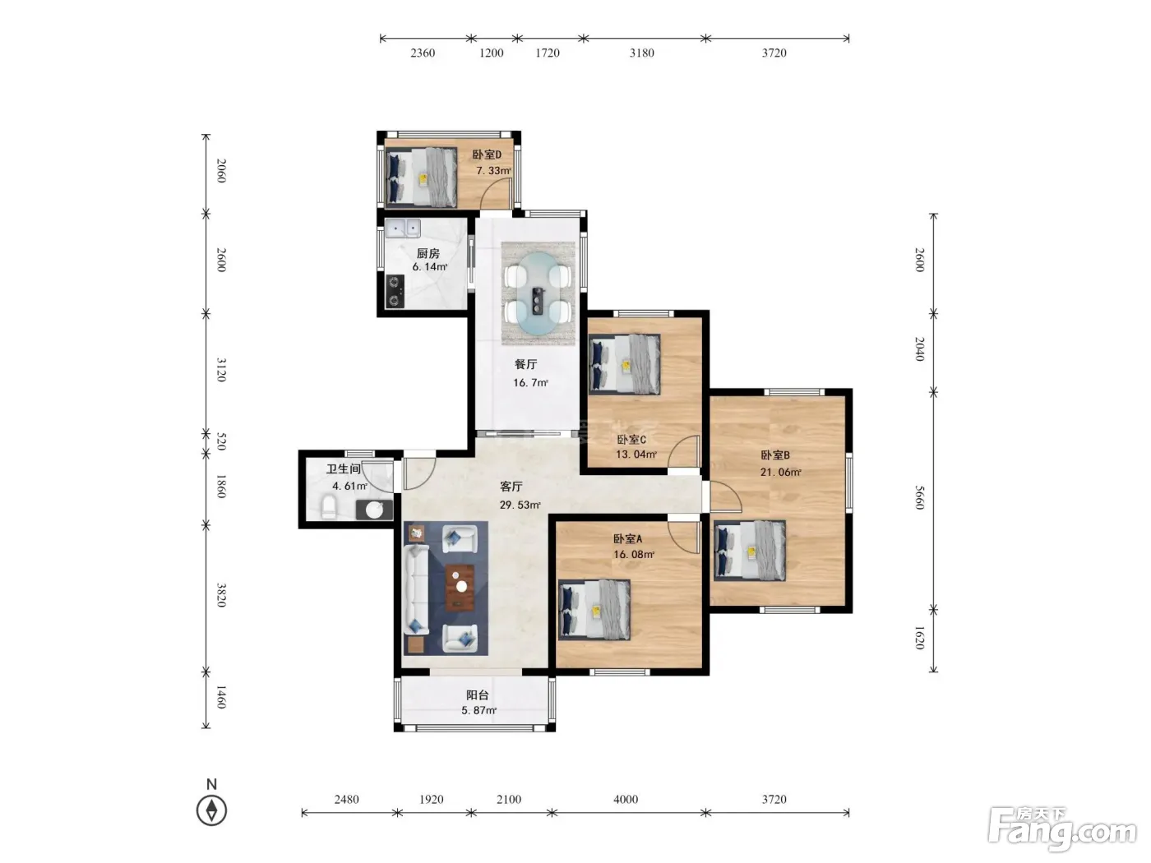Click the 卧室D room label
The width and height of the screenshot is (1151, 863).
pyautogui.click(x=486, y=155)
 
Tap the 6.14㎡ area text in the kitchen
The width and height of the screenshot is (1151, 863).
pyautogui.click(x=429, y=266)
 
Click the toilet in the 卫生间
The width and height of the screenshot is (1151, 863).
pyautogui.click(x=328, y=506)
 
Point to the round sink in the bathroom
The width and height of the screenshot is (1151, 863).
pyautogui.click(x=374, y=510)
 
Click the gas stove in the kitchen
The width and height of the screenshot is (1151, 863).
pyautogui.click(x=395, y=292)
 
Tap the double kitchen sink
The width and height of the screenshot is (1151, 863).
pyautogui.click(x=403, y=228)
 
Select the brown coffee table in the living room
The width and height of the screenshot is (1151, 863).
pyautogui.click(x=460, y=588)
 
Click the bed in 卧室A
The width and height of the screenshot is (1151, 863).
pyautogui.click(x=594, y=610)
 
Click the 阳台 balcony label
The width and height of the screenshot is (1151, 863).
pyautogui.click(x=477, y=695)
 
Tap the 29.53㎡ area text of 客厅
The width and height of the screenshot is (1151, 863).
pyautogui.click(x=520, y=505)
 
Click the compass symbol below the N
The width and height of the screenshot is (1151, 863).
pyautogui.click(x=211, y=810)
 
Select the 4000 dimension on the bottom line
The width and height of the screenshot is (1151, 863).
pyautogui.click(x=626, y=799)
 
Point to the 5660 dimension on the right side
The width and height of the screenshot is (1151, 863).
pyautogui.click(x=919, y=497)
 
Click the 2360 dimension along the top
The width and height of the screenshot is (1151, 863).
pyautogui.click(x=423, y=53)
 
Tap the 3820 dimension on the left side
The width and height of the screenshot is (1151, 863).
pyautogui.click(x=221, y=595)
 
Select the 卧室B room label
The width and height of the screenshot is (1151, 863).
pyautogui.click(x=775, y=455)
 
